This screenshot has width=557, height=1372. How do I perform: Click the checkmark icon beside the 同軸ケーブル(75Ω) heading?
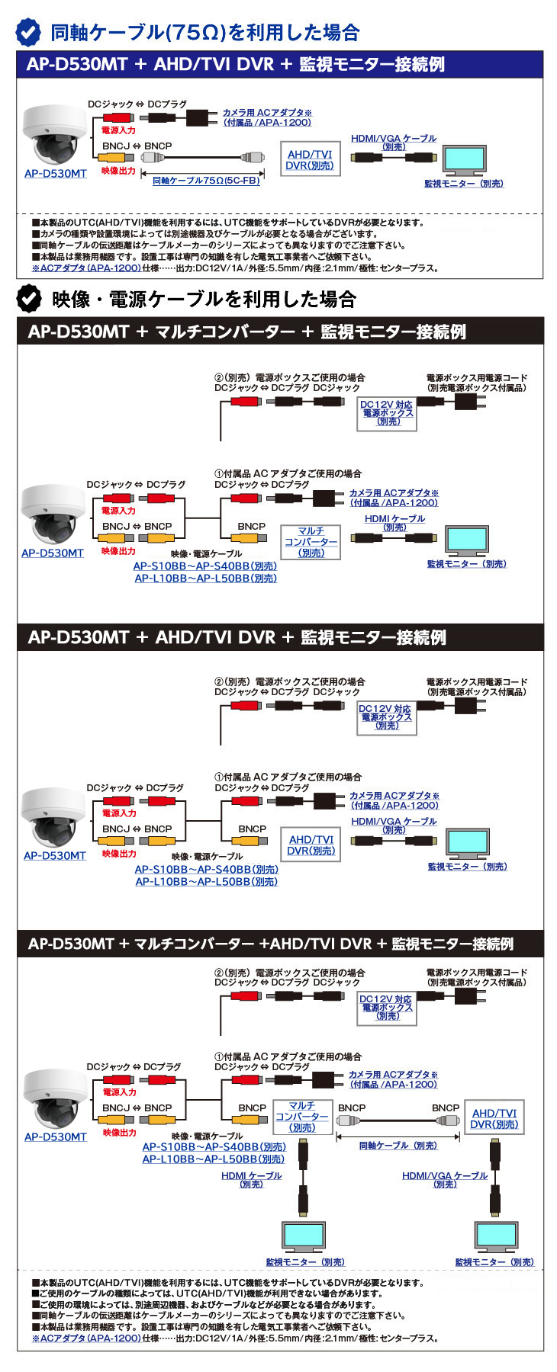click(x=28, y=32)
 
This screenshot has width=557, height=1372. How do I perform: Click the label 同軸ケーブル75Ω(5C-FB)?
click(x=206, y=181)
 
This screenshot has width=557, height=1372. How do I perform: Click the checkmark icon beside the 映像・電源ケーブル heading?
click(x=29, y=299)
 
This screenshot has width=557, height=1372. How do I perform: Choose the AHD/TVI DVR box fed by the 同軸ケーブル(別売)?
click(x=494, y=1118)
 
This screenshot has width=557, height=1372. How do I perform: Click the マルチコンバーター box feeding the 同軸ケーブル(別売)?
click(x=302, y=1117)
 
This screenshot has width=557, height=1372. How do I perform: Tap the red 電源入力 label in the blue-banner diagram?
click(x=118, y=130)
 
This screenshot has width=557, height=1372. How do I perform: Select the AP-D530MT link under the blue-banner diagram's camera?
click(x=56, y=174)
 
